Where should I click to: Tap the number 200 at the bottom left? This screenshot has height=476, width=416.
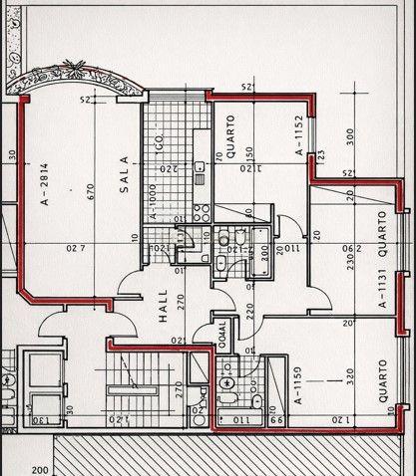tap(40, 469)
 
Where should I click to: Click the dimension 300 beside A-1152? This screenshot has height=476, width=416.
tap(350, 135)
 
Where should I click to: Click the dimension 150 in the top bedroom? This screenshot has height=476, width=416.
tap(250, 157)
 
